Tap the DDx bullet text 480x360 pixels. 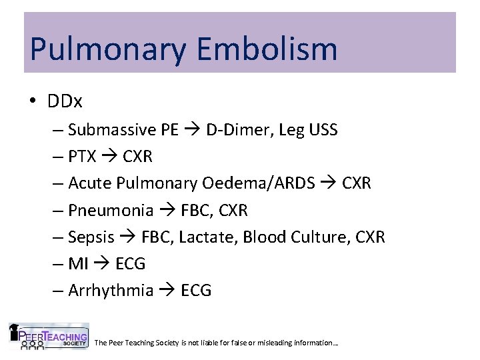[65, 101]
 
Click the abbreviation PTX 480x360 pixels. [83, 157]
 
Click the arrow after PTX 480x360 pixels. [109, 157]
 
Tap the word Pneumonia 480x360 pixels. [111, 211]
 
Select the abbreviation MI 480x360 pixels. [78, 264]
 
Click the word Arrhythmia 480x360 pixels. [111, 291]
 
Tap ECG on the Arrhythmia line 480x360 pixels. [196, 291]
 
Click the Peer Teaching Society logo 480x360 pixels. [49, 336]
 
